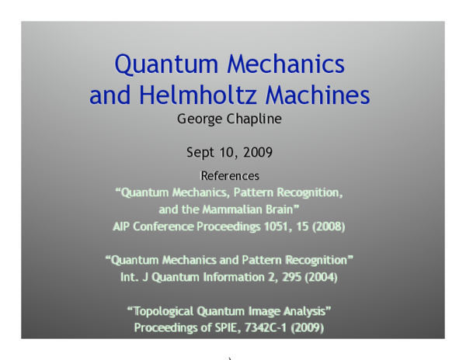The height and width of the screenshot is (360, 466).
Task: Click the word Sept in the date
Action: pos(201,151)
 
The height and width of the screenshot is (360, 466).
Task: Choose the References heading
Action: pos(230,176)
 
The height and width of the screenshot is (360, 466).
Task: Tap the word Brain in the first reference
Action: pos(289,209)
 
